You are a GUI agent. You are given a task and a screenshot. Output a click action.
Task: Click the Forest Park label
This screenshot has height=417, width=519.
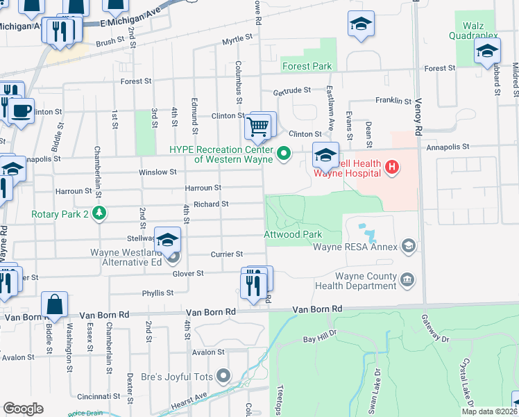pyautogui.click(x=307, y=66)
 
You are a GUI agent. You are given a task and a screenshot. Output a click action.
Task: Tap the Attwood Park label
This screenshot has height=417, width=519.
pyautogui.click(x=293, y=234)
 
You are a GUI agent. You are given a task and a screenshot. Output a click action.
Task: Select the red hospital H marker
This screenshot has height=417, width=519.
pyautogui.click(x=392, y=167)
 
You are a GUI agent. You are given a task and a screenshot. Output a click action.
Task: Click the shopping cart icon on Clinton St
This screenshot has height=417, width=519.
pyautogui.click(x=257, y=127)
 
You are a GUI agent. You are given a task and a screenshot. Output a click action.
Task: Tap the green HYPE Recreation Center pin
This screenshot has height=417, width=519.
pyautogui.click(x=283, y=153)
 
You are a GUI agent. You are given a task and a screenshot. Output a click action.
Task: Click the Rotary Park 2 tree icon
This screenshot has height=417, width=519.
pyautogui.click(x=101, y=213)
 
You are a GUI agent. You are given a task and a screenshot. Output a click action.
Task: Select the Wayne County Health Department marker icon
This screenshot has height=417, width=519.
pyautogui.click(x=408, y=280)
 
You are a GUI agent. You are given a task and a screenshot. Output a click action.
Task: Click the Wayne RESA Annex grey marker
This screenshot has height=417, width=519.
pyautogui.click(x=409, y=245)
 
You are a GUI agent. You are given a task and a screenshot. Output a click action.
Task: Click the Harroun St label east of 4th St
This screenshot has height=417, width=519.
pyautogui.click(x=203, y=188)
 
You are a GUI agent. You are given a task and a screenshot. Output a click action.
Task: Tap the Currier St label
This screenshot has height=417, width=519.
pyautogui.click(x=228, y=254)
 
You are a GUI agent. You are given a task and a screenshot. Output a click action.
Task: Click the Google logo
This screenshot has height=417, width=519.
pyautogui.click(x=23, y=409)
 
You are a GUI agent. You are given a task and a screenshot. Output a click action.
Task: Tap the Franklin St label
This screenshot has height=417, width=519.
pyautogui.click(x=393, y=100)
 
